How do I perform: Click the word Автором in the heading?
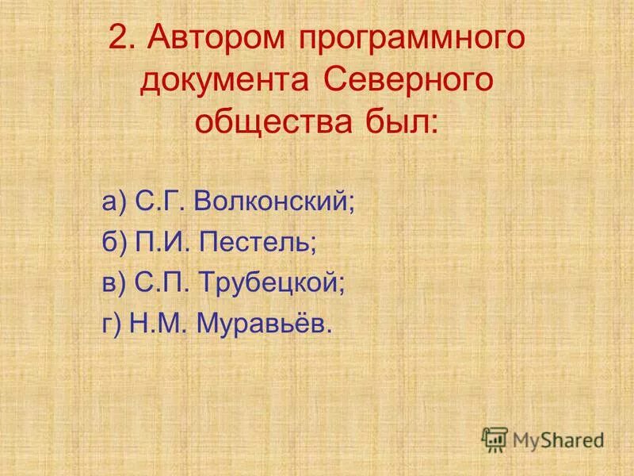click(207, 40)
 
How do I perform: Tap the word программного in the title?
click(413, 40)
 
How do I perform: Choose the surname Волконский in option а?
click(273, 202)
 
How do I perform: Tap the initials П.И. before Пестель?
click(162, 242)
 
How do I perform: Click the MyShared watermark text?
click(559, 440)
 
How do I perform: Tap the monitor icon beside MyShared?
click(495, 439)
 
